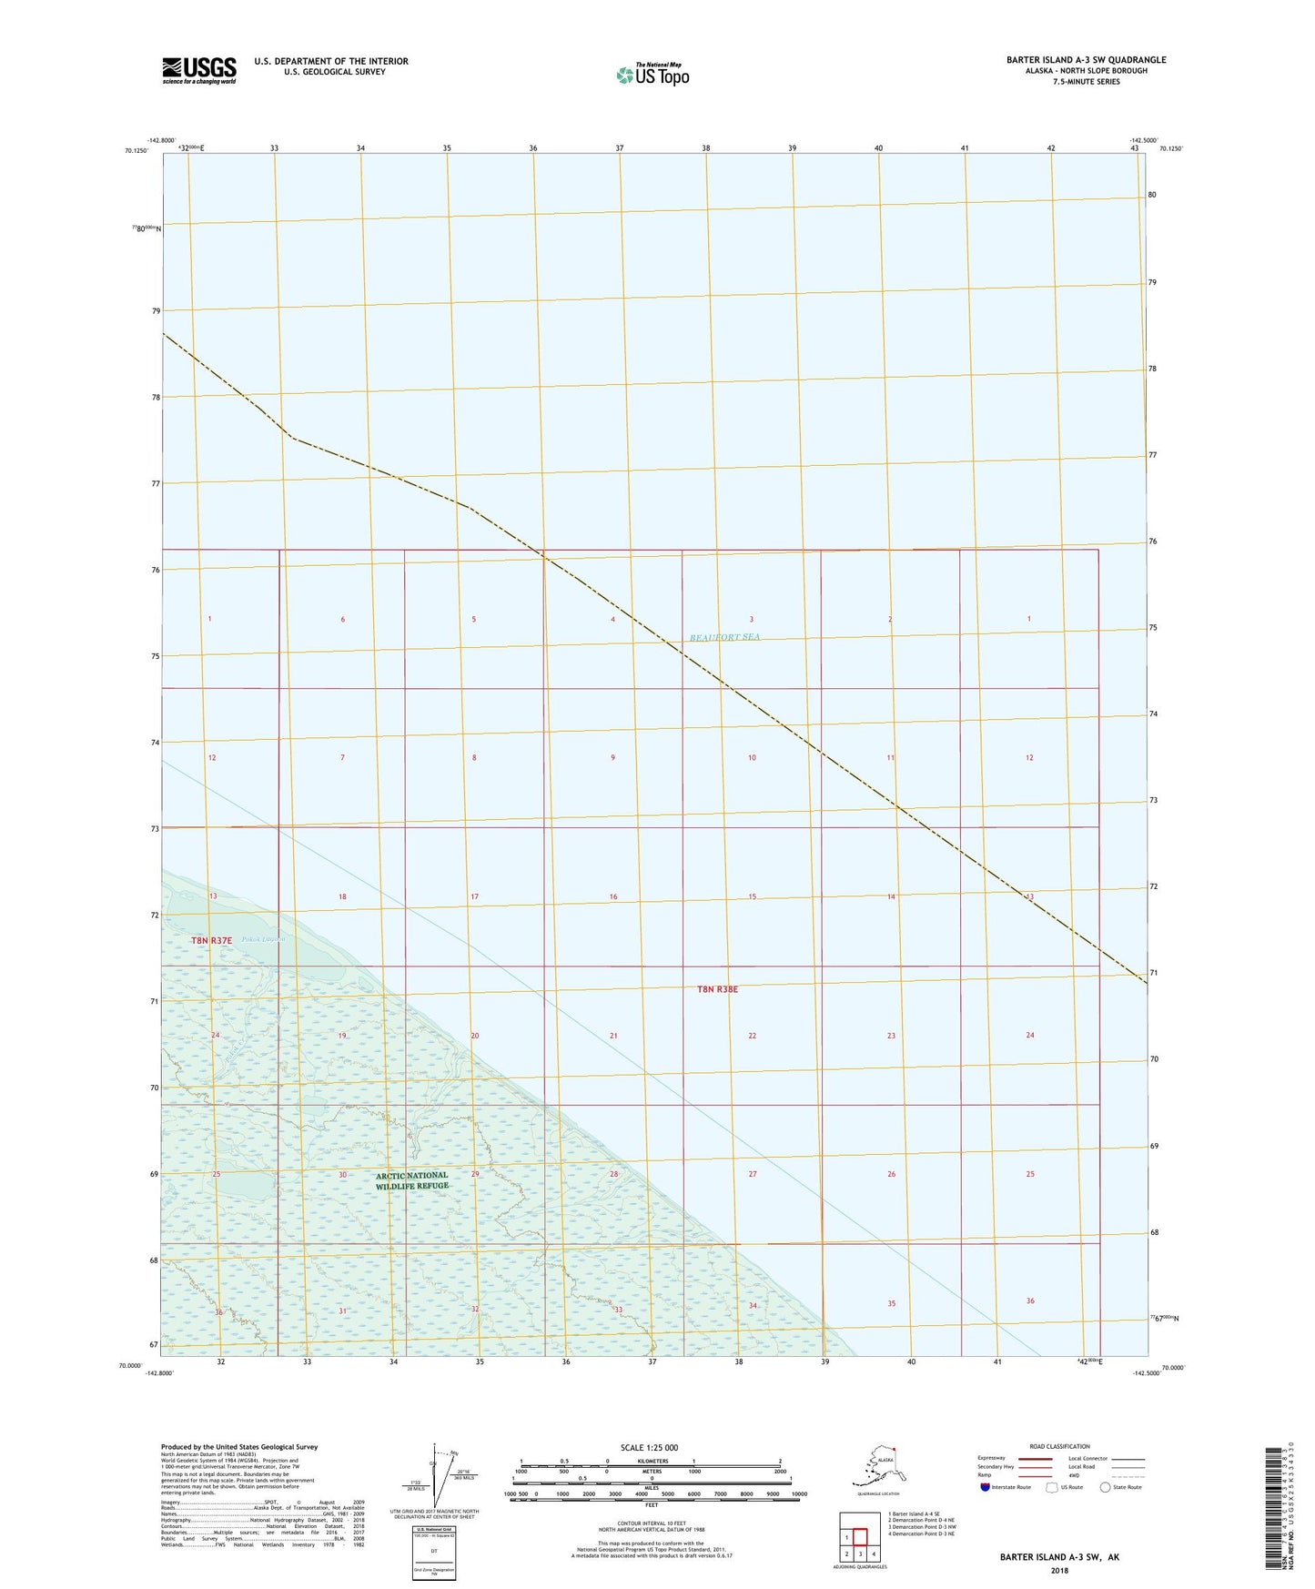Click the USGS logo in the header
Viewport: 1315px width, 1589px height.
(x=199, y=70)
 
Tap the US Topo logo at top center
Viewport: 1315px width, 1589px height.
(x=652, y=75)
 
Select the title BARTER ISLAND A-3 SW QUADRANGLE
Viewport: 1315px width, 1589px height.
(x=1086, y=60)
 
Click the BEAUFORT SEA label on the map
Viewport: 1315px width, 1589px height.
(x=724, y=637)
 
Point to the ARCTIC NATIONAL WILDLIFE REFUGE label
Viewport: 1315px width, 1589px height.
(x=412, y=1180)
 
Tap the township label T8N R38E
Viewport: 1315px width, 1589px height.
(x=717, y=988)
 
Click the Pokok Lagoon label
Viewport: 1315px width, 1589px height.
(x=265, y=938)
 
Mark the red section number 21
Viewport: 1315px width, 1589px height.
(x=613, y=1036)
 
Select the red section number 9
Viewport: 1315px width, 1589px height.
(x=613, y=757)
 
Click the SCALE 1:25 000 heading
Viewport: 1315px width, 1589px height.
(x=650, y=1447)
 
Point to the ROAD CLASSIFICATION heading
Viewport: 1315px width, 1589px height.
(x=1059, y=1446)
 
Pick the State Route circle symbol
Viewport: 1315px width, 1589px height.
(x=1105, y=1487)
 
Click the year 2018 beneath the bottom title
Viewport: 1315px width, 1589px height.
(x=1059, y=1570)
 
